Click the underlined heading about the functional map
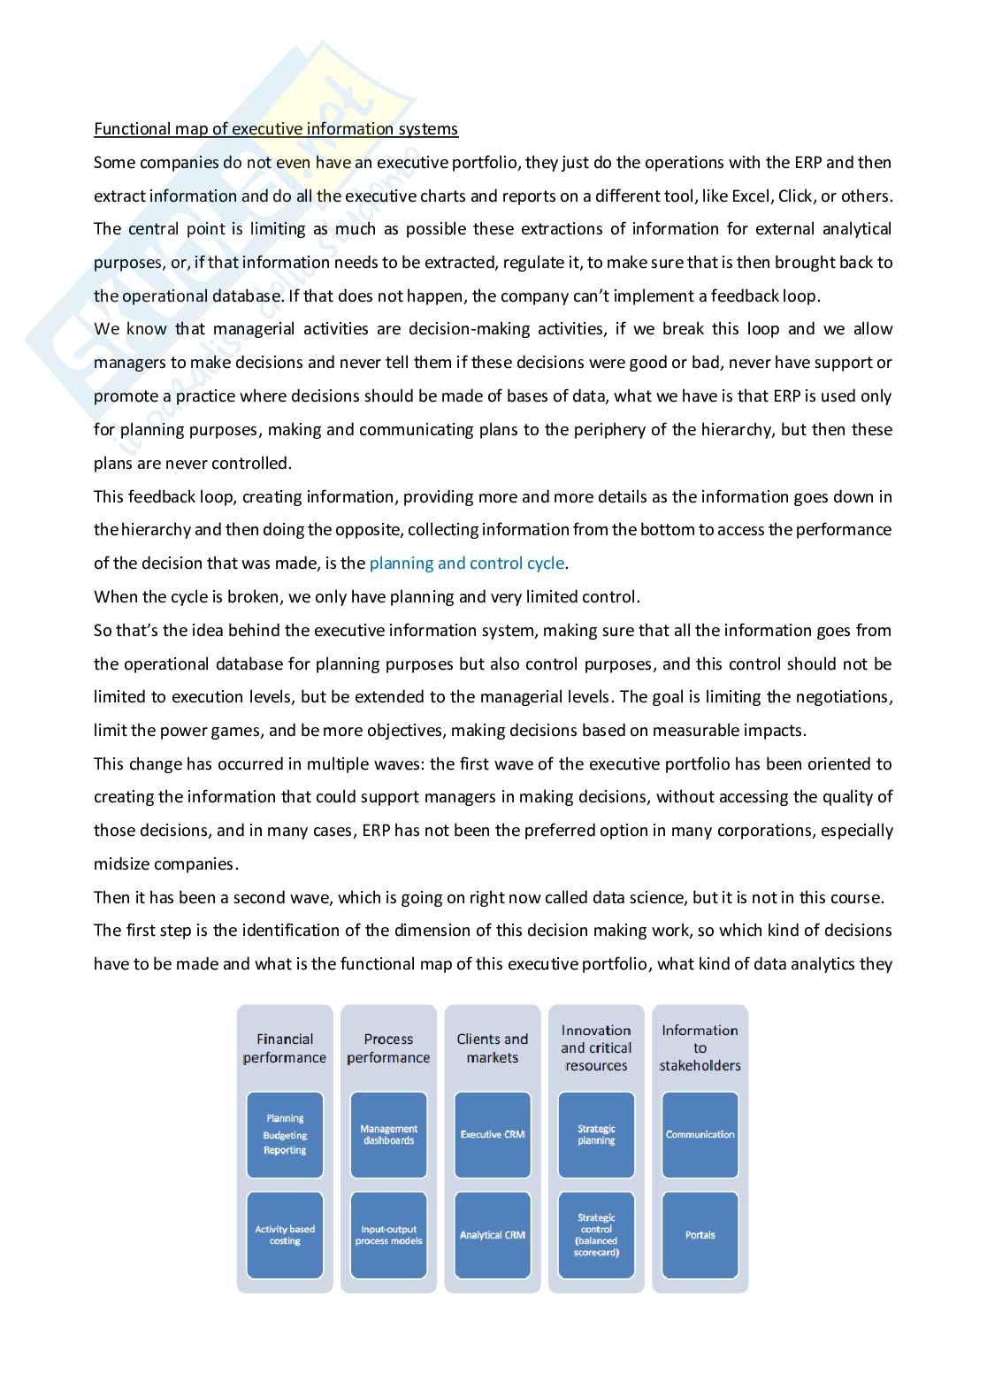click(276, 129)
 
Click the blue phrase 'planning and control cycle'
click(466, 564)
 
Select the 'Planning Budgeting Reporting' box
click(285, 1135)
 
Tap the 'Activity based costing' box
click(285, 1235)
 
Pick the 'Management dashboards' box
click(388, 1135)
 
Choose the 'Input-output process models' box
click(388, 1235)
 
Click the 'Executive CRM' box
click(493, 1135)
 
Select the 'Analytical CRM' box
click(493, 1235)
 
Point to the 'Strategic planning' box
click(596, 1135)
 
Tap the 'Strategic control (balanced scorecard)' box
click(596, 1235)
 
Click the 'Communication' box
click(700, 1135)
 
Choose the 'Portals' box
click(700, 1235)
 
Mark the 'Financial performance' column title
click(285, 1048)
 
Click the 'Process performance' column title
click(388, 1048)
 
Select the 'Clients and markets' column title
click(493, 1048)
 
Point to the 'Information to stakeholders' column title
click(700, 1048)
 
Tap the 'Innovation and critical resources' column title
click(596, 1048)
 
